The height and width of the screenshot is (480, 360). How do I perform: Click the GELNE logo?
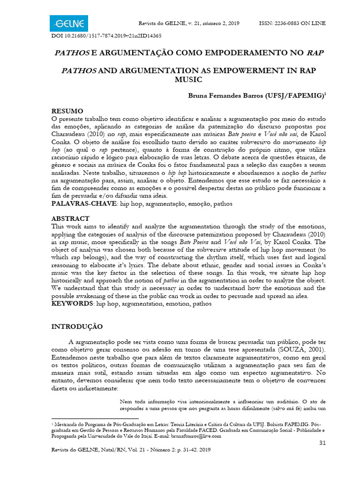[x=68, y=22]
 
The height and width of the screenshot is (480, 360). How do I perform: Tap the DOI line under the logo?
[x=106, y=36]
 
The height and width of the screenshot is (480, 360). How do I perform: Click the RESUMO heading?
[x=67, y=111]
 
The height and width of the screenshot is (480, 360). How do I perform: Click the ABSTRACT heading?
[x=70, y=218]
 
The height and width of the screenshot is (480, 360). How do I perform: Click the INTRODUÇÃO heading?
[x=80, y=326]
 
